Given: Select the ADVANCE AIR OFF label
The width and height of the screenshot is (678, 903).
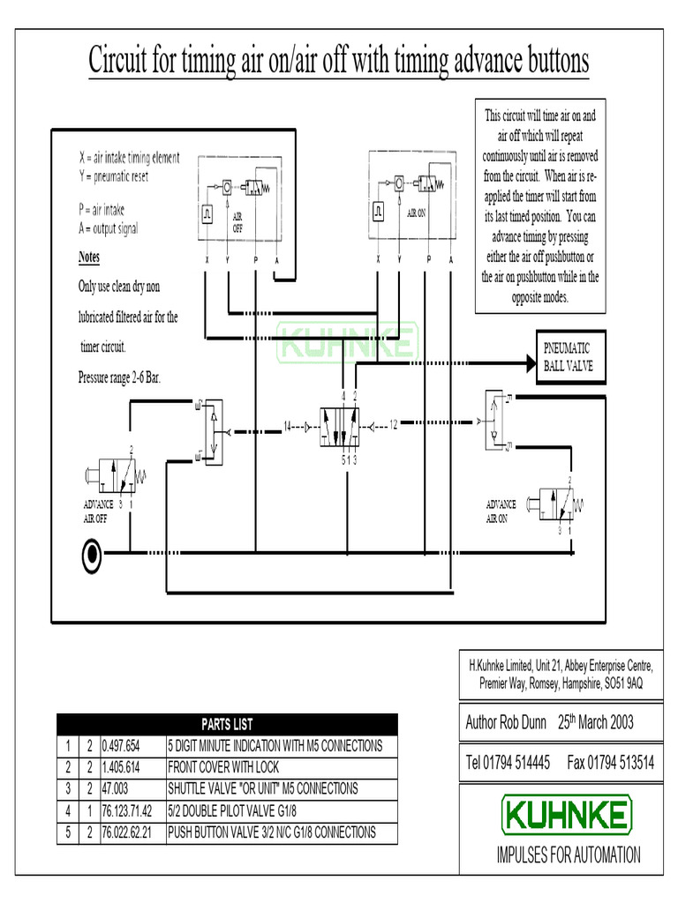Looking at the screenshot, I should pos(98,511).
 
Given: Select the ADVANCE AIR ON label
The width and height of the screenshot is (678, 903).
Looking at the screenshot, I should pos(501,511).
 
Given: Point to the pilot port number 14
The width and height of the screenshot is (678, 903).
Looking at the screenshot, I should pos(288,427).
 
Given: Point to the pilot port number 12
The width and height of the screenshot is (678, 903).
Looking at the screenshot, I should pos(394,427).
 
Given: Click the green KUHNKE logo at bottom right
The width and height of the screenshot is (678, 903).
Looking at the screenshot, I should pos(567,815).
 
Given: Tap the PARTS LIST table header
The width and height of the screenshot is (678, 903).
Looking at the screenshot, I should pos(227,724).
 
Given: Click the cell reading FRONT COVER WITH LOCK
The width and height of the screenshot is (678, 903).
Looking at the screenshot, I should pos(223,767).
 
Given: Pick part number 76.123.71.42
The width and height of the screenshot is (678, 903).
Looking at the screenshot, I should pos(128,810).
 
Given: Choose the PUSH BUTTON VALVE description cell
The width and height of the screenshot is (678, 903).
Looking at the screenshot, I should pos(271,832).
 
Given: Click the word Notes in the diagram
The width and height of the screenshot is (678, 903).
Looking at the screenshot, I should pos(89,257).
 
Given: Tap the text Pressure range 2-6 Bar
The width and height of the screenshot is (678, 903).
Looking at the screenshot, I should pos(120,378).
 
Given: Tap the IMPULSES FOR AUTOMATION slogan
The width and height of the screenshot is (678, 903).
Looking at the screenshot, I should pos(568,854).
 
